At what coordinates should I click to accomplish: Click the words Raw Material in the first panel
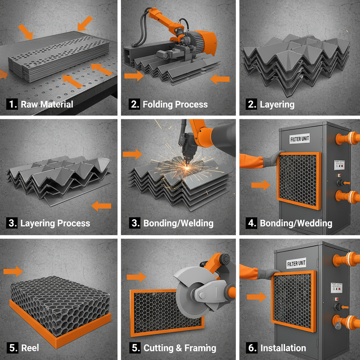point(47,104)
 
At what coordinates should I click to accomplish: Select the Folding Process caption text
point(175,104)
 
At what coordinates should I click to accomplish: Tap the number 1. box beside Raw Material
point(12,104)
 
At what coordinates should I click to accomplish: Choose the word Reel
point(30,348)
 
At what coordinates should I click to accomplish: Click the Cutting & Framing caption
point(180,348)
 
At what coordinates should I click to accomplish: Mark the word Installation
point(283,348)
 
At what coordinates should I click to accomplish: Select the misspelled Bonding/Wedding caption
point(296,223)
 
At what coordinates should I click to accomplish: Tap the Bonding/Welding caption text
point(178,223)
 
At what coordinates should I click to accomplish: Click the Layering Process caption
point(55,223)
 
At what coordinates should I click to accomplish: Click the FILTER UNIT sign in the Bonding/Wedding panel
point(300,139)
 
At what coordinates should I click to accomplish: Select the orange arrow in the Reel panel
point(13,271)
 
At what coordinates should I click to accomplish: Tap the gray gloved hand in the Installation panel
point(270,273)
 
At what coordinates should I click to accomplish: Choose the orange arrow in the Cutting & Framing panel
point(136,277)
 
